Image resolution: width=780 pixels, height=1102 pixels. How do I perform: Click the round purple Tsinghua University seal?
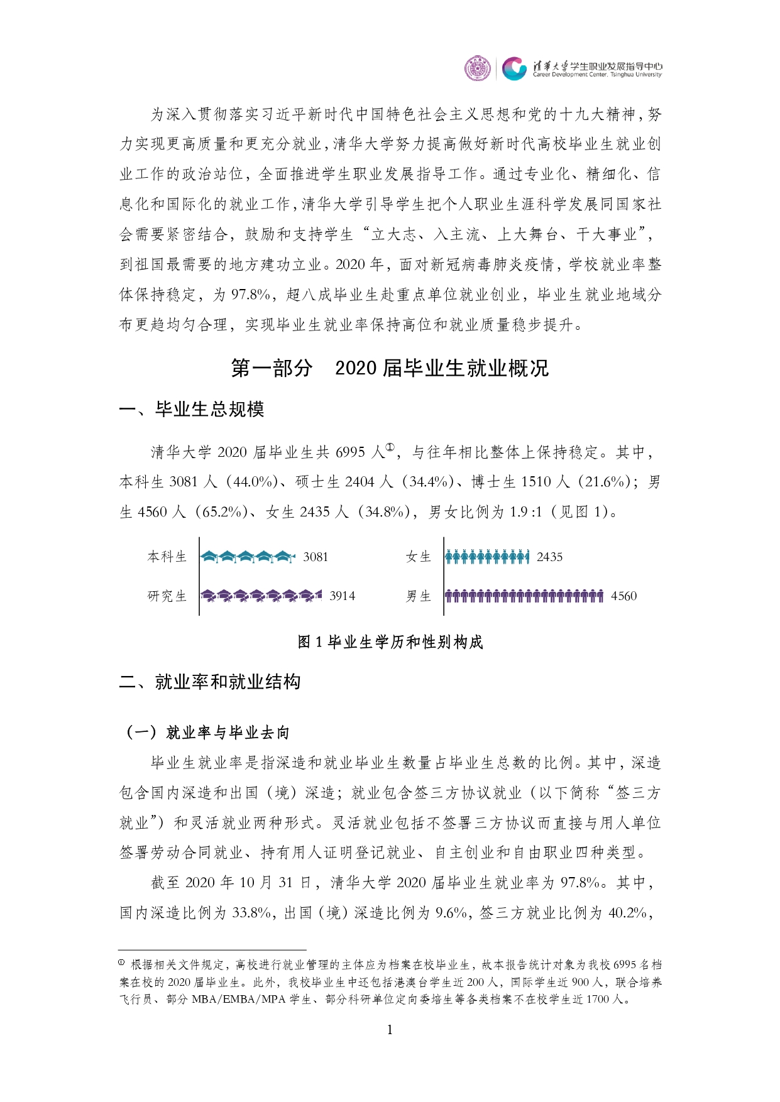(x=477, y=68)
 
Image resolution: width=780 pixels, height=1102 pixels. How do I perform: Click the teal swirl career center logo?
(x=514, y=68)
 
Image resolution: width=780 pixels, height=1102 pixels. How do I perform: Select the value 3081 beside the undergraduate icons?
(x=316, y=557)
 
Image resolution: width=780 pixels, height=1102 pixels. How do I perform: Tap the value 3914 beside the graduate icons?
(x=342, y=596)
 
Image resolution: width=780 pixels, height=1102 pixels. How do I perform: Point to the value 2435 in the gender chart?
(x=549, y=557)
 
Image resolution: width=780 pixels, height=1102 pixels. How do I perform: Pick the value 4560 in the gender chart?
(x=623, y=596)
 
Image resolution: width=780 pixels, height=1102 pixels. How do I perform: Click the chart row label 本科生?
(x=167, y=557)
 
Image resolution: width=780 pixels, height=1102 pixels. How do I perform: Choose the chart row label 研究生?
(x=167, y=596)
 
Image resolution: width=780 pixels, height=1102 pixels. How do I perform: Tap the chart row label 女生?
(x=419, y=557)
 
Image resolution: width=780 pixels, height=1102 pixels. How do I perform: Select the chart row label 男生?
(x=419, y=596)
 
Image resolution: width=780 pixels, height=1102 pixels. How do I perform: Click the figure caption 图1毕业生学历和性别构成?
(x=390, y=642)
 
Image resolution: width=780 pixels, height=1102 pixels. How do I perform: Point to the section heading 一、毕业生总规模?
(x=192, y=410)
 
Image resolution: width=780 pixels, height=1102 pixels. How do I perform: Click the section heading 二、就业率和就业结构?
(x=210, y=682)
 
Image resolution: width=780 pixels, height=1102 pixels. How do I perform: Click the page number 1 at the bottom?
(x=390, y=1030)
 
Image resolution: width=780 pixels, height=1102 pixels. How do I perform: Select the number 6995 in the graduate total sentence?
(x=350, y=452)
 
